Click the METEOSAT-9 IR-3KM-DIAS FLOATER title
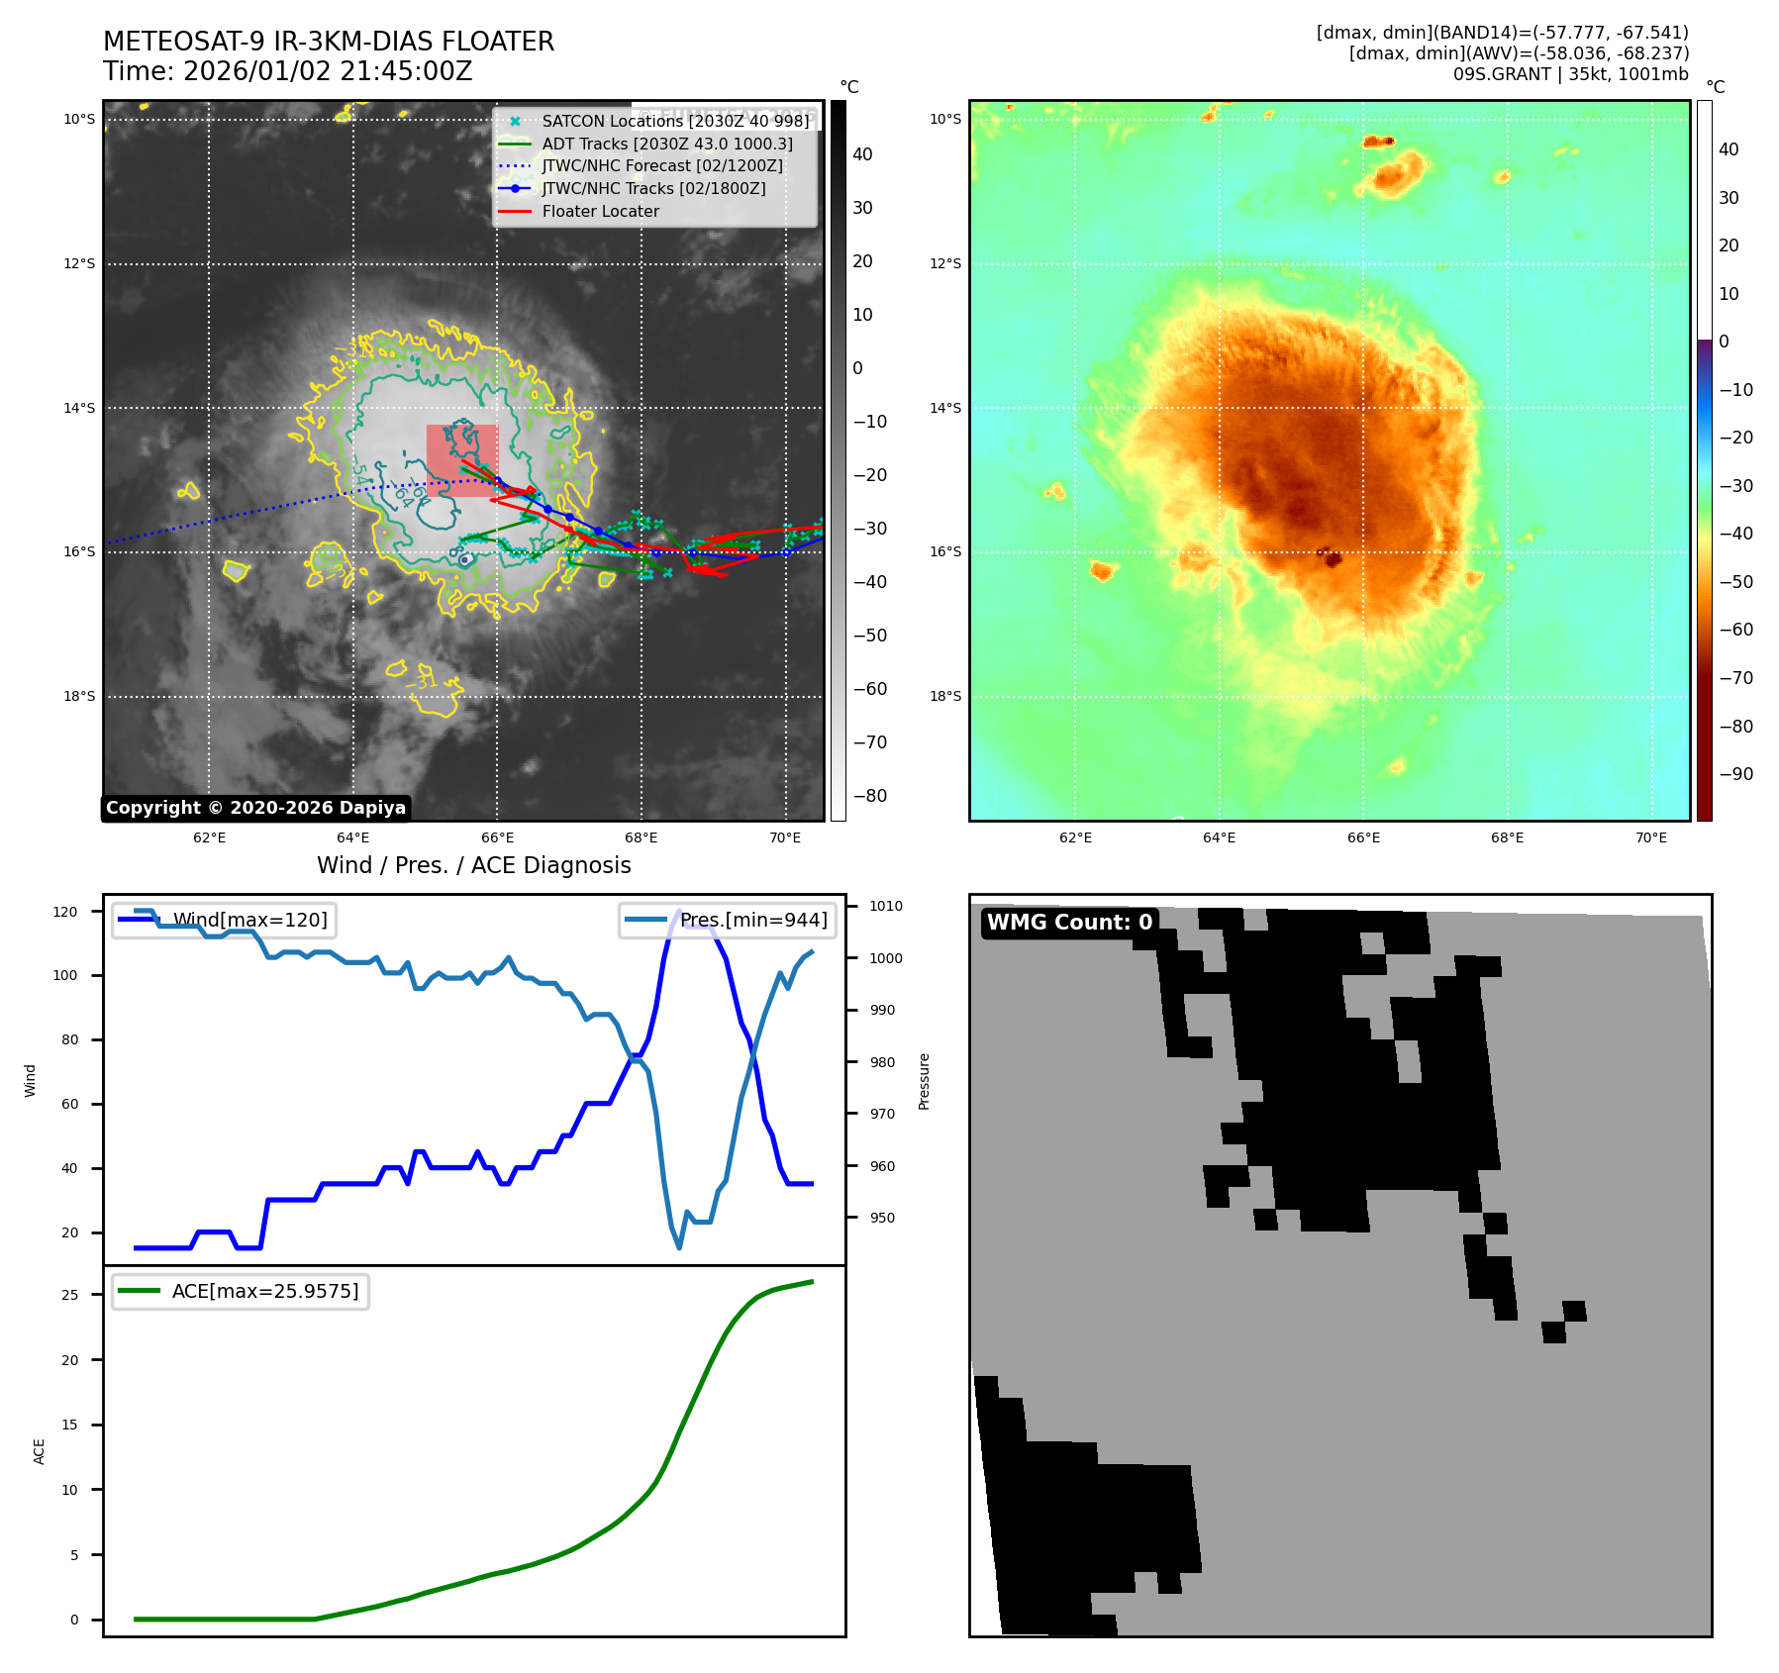(329, 42)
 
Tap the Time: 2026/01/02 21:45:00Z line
(288, 72)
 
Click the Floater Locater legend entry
(600, 211)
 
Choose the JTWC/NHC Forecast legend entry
(662, 166)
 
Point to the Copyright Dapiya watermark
(255, 808)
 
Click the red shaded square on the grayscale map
(461, 460)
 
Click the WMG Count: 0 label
(1069, 923)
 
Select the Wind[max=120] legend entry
(249, 920)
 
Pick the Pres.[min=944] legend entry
(753, 920)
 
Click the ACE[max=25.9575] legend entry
(265, 1291)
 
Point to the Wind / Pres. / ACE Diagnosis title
(473, 865)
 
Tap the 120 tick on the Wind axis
(65, 912)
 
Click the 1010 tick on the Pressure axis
(886, 906)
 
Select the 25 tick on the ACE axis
(69, 1295)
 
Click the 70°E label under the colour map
(1650, 837)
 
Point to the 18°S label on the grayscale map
(79, 696)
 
